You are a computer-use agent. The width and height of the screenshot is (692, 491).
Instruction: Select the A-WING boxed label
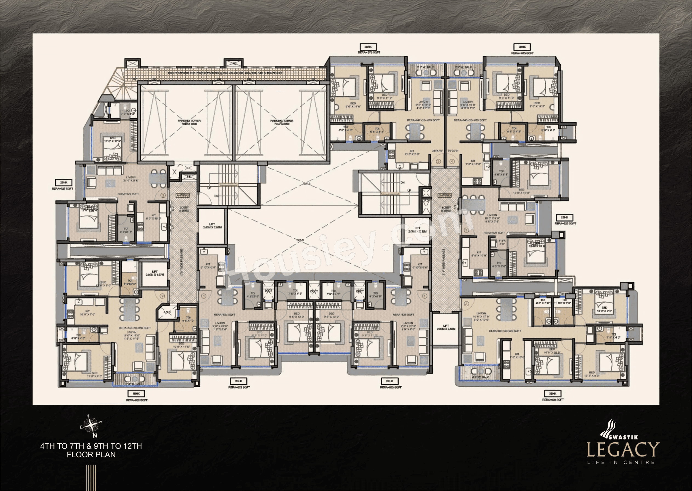[x=183, y=195]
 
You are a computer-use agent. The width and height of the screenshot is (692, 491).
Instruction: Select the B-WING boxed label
[x=444, y=195]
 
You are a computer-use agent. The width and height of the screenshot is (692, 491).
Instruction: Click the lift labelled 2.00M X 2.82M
[x=212, y=226]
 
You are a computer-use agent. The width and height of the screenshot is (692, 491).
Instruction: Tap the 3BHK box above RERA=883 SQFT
[x=136, y=393]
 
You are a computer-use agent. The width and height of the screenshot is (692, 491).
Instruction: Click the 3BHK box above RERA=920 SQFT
[x=553, y=393]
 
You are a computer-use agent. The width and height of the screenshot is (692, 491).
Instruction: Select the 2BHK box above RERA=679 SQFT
[x=368, y=47]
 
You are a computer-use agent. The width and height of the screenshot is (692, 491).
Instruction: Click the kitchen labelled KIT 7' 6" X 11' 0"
[x=473, y=163]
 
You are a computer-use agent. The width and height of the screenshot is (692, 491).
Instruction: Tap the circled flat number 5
[x=438, y=161]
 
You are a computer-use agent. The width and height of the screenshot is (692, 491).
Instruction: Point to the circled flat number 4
[x=452, y=161]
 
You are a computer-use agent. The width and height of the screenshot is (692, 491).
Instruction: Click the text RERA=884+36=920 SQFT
[x=505, y=331]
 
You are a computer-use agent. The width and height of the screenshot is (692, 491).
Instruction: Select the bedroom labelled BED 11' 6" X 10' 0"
[x=113, y=140]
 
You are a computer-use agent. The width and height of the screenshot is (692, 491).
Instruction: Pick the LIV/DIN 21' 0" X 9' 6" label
[x=131, y=179]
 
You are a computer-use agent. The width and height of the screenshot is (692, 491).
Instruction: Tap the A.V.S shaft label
[x=167, y=312]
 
